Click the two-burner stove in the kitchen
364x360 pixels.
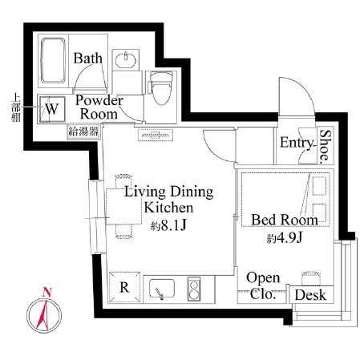tap(194, 288)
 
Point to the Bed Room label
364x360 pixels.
tap(284, 220)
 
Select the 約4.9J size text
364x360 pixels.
tap(284, 239)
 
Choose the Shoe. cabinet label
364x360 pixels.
tap(325, 147)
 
